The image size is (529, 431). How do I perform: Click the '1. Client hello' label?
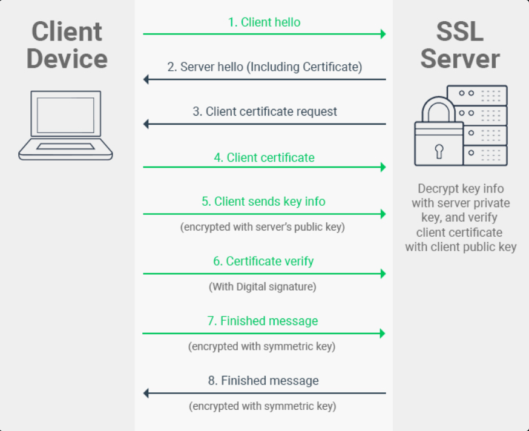point(264,22)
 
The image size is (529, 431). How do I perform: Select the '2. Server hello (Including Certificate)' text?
point(264,67)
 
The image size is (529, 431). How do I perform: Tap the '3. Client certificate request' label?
point(264,111)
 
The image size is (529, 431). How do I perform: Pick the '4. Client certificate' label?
point(264,157)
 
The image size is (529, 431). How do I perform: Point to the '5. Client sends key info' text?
point(264,202)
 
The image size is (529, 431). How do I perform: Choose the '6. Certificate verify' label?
point(264,262)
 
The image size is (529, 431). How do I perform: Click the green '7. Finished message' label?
point(263,321)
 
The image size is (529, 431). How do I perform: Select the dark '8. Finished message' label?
point(264,381)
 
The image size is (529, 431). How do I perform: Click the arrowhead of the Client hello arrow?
point(383,34)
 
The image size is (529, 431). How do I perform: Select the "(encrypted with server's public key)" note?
point(264,228)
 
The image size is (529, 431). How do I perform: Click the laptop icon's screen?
point(65,115)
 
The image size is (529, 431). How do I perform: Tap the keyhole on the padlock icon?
point(439,151)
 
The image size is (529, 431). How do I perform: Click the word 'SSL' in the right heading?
point(460,31)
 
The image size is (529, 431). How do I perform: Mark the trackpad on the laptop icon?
point(65,146)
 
